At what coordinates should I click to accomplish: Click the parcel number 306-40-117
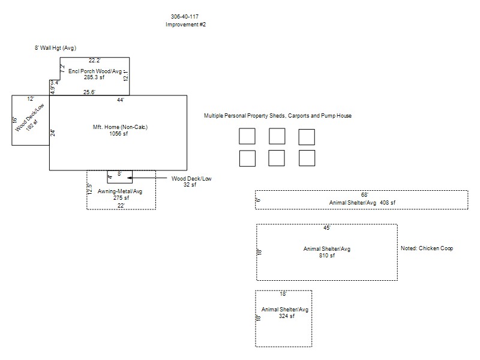(x=185, y=17)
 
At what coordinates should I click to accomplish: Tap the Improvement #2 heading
(x=185, y=25)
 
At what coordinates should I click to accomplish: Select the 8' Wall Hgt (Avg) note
(x=55, y=47)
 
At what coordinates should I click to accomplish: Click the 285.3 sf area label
(x=94, y=77)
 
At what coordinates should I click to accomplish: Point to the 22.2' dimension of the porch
(x=94, y=60)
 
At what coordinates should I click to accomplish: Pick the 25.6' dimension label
(x=89, y=92)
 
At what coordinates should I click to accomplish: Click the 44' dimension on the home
(x=120, y=100)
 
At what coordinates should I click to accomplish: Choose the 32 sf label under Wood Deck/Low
(x=190, y=185)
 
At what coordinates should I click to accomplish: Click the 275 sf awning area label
(x=122, y=197)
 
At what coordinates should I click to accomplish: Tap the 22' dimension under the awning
(x=121, y=205)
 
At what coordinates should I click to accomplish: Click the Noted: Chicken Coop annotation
(x=427, y=248)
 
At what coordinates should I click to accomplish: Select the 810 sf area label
(x=327, y=255)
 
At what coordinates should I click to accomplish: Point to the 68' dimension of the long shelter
(x=364, y=195)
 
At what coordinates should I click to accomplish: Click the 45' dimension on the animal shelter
(x=326, y=228)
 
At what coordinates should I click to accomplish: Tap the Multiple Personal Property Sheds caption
(x=277, y=116)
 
